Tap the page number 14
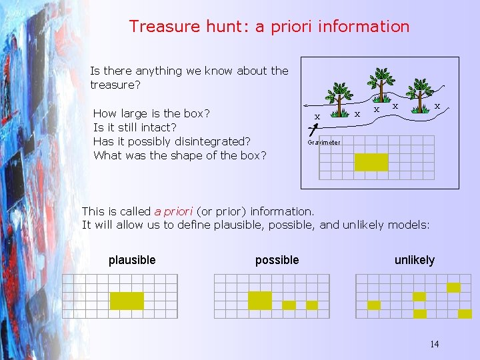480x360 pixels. [434, 345]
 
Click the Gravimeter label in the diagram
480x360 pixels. [324, 143]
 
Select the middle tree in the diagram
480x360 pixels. [382, 83]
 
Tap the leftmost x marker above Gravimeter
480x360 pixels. [317, 117]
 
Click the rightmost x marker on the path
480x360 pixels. [437, 106]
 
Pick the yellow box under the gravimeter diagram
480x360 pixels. [371, 162]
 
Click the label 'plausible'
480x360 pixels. [132, 260]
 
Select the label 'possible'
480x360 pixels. [277, 260]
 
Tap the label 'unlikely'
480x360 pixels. [414, 260]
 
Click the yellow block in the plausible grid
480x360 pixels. [127, 301]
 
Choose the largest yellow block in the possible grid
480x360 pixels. [260, 301]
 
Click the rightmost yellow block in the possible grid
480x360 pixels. [312, 305]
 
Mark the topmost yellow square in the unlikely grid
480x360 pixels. [453, 287]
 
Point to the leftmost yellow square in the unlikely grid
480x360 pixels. [374, 305]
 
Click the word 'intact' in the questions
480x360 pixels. [160, 127]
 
